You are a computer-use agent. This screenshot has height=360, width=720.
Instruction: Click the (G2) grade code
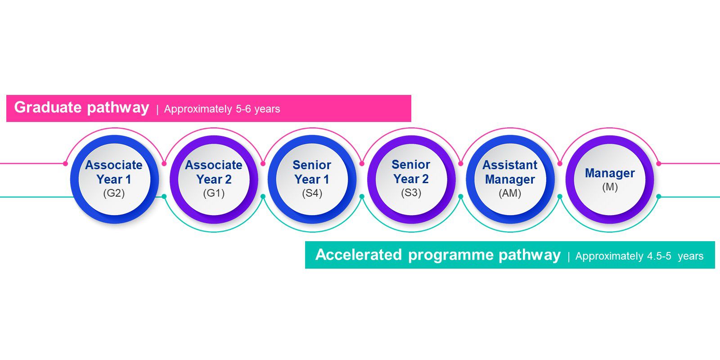click(114, 193)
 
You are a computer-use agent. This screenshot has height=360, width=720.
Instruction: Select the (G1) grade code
click(214, 193)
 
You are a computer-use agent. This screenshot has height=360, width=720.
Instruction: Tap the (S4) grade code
click(312, 193)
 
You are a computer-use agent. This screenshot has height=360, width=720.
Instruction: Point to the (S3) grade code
click(411, 193)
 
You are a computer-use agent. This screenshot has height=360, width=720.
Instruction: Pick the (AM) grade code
click(510, 193)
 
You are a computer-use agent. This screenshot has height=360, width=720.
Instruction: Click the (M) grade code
click(610, 187)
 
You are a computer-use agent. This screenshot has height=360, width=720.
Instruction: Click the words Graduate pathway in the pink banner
click(81, 108)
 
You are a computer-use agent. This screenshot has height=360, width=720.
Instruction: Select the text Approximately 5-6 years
click(222, 109)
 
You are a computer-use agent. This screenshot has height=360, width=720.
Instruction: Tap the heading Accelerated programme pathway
click(438, 255)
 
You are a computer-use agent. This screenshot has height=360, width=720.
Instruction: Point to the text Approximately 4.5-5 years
click(639, 256)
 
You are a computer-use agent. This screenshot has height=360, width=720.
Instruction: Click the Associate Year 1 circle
click(114, 180)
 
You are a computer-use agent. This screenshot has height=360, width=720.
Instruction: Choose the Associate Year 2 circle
click(214, 180)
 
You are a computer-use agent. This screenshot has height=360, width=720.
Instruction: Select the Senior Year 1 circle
click(312, 180)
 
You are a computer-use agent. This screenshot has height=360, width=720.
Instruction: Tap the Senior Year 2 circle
click(411, 180)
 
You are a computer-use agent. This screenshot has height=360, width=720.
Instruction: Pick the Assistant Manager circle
click(510, 180)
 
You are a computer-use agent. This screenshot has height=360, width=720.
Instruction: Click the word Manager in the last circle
click(610, 173)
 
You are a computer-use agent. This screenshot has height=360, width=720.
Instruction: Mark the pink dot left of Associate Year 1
click(65, 164)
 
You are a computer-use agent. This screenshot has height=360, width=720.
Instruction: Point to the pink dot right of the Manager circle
click(659, 164)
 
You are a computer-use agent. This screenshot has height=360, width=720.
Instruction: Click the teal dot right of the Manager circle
click(659, 196)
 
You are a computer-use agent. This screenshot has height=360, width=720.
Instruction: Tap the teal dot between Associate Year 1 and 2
click(164, 196)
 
